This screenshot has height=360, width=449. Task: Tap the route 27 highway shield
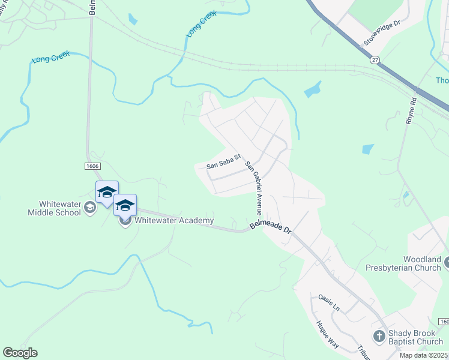(x=375, y=60)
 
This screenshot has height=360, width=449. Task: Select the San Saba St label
(x=223, y=162)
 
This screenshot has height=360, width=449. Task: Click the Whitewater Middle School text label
(x=54, y=208)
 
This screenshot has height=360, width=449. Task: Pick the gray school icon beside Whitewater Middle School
(x=90, y=208)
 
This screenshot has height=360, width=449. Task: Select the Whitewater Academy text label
(x=174, y=221)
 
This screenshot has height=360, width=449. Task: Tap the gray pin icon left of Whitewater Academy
(x=125, y=221)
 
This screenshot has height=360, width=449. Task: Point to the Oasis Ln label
(x=329, y=302)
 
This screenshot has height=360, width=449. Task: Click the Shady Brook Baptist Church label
(x=414, y=337)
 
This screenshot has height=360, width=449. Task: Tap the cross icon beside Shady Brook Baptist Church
(x=379, y=337)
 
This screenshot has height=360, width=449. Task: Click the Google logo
(x=20, y=353)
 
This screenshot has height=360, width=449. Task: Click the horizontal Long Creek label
(x=51, y=56)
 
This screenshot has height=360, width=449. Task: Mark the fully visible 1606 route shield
(x=92, y=166)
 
